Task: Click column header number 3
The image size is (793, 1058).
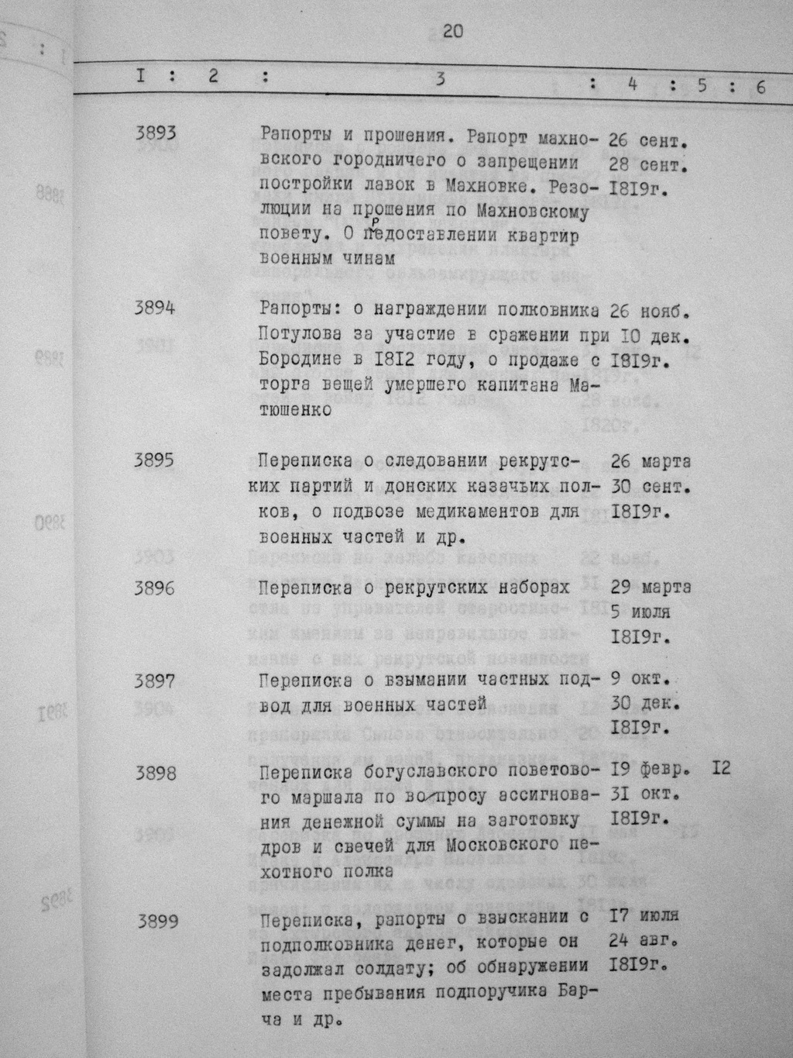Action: pos(440,78)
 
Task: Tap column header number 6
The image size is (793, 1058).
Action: pos(760,87)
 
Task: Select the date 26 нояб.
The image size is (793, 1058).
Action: pos(649,312)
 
